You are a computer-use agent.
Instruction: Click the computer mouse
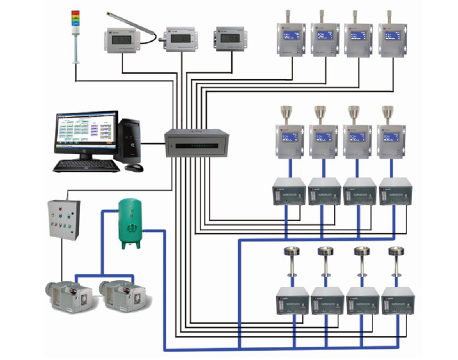click(134, 168)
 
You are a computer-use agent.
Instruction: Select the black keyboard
click(86, 165)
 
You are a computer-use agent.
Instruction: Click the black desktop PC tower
click(129, 140)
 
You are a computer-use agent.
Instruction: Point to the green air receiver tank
click(130, 223)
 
